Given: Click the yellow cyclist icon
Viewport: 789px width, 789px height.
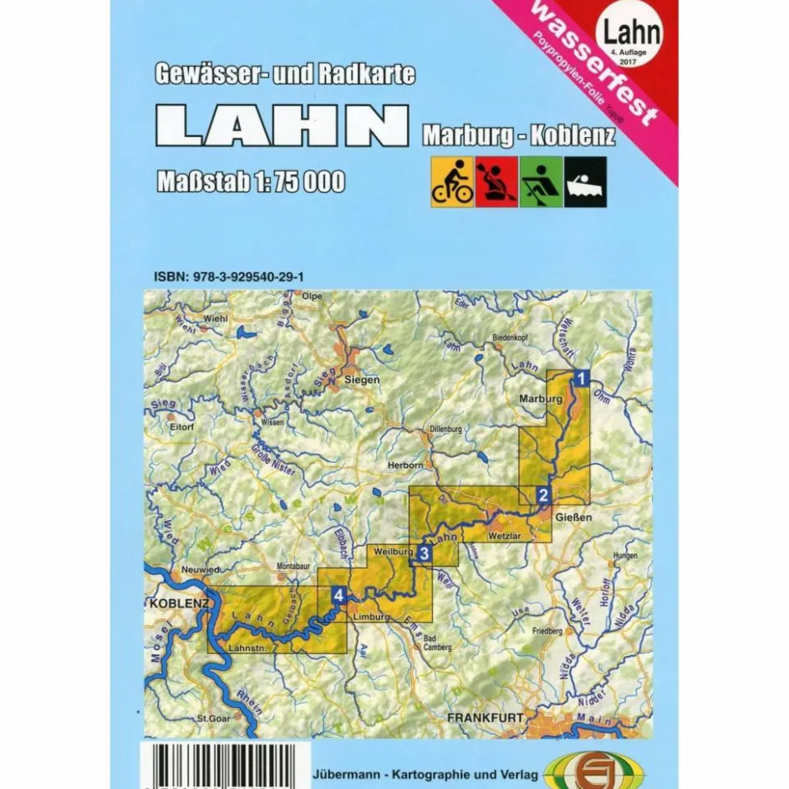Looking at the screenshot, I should tap(452, 182).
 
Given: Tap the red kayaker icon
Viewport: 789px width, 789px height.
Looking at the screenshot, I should tap(496, 182).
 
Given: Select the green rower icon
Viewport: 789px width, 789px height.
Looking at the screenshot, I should tap(541, 182).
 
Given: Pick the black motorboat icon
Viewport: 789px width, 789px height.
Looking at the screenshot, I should tap(585, 182).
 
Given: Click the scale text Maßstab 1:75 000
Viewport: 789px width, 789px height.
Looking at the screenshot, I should tap(250, 181).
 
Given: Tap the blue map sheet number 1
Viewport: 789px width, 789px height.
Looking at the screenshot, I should tap(583, 378).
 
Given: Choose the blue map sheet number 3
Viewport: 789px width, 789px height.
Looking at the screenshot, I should tap(425, 552).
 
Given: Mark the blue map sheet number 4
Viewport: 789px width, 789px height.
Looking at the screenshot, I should tap(338, 595).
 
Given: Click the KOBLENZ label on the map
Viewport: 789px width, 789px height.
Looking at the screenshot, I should tap(178, 603).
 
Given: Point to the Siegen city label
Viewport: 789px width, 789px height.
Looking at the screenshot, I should tap(361, 379).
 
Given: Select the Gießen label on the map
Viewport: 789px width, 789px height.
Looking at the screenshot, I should tap(574, 517).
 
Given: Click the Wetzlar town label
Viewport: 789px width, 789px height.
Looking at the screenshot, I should tap(504, 532).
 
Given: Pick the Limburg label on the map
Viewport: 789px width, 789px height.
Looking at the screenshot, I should tap(372, 617).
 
